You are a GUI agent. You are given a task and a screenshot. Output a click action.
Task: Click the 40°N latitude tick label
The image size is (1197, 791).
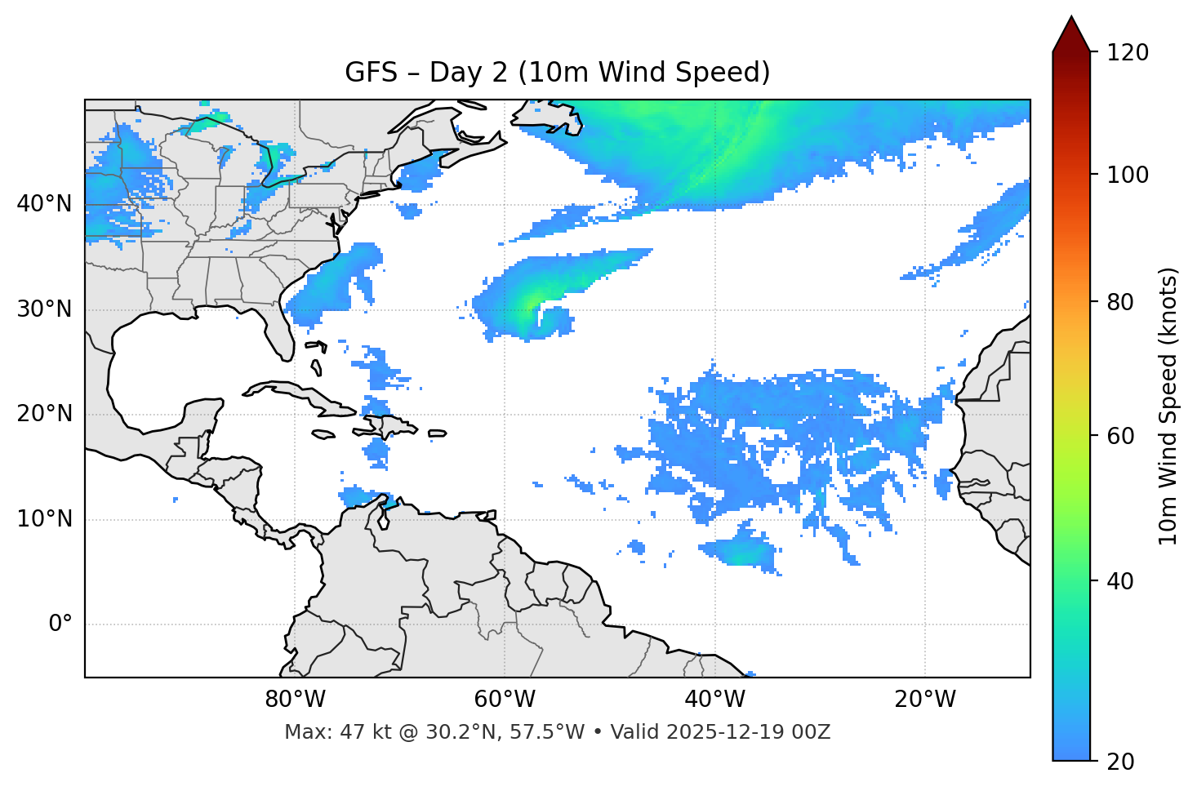44,204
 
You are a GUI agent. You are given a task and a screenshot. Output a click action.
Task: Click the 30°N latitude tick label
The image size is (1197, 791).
44,309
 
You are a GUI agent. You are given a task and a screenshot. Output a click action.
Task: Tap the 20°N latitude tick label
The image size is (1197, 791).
44,414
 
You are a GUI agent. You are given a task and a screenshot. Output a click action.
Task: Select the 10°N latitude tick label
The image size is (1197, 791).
44,519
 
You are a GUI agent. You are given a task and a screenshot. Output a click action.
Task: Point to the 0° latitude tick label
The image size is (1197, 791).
60,624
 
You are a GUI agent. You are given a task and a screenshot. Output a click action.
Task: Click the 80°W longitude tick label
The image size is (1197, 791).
295,700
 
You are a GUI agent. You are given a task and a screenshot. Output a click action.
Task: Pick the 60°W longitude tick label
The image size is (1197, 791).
505,700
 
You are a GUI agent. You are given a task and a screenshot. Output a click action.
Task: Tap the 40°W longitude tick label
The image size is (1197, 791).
715,700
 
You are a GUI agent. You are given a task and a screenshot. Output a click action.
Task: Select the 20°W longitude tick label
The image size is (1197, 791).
925,700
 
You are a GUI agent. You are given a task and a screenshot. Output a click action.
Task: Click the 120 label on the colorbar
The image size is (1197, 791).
1128,53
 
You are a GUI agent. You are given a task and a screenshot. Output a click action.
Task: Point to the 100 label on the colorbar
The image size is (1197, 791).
1128,175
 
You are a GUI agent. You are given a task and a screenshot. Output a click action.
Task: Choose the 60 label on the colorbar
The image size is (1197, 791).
1122,436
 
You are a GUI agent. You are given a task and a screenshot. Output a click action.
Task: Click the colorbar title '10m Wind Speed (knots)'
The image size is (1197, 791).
1168,406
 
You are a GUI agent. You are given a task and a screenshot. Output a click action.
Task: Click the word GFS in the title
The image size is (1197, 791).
370,73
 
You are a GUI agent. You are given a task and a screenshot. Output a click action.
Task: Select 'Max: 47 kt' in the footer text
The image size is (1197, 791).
325,732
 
